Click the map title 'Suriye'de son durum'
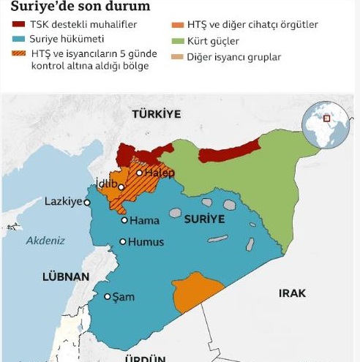pyautogui.click(x=76, y=7)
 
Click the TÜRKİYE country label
pyautogui.click(x=156, y=114)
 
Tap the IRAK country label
pyautogui.click(x=292, y=293)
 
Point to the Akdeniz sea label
pyautogui.click(x=45, y=240)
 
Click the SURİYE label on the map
pyautogui.click(x=204, y=219)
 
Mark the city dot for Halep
pyautogui.click(x=139, y=173)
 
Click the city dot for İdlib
pyautogui.click(x=121, y=187)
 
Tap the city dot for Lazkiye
pyautogui.click(x=87, y=202)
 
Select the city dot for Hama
pyautogui.click(x=124, y=220)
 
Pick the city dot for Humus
pyautogui.click(x=122, y=242)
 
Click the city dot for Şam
pyautogui.click(x=108, y=296)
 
